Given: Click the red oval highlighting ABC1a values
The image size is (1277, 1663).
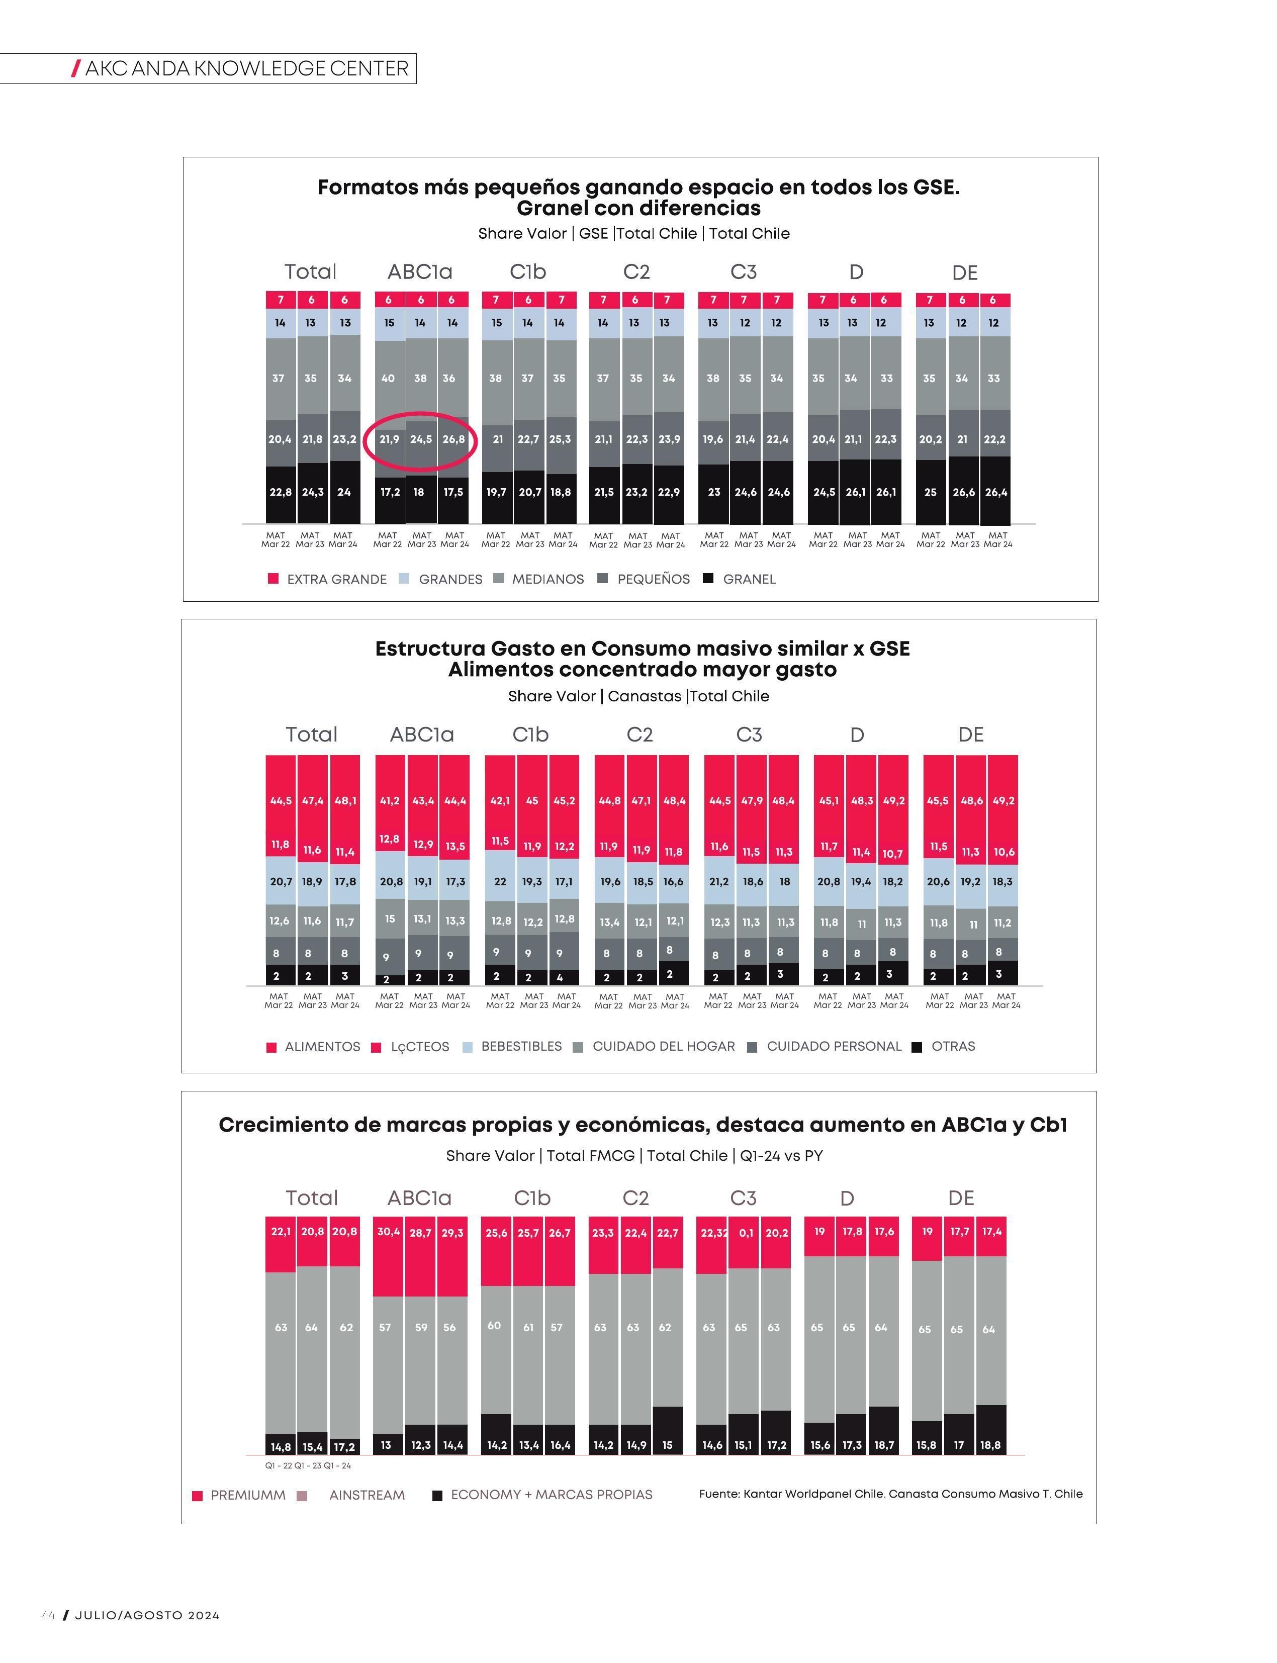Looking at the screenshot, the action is pos(420,413).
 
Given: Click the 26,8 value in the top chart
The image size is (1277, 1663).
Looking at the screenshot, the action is pos(454,439).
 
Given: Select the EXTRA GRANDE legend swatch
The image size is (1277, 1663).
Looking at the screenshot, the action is pos(273,579).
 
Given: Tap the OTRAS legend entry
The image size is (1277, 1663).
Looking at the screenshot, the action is pos(943,1047).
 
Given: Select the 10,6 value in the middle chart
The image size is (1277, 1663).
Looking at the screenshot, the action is pos(1004,852).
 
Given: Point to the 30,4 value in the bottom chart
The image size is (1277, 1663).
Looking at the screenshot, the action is pos(389,1231).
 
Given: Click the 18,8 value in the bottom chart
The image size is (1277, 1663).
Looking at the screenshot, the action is pos(990,1445).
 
